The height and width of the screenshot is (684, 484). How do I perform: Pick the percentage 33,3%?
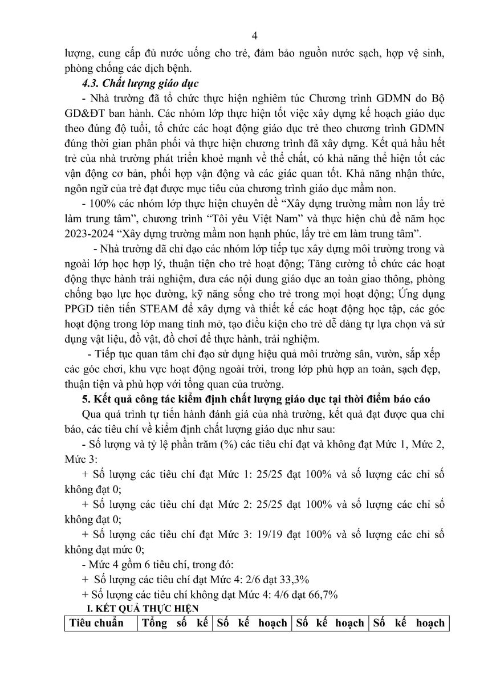click(291, 580)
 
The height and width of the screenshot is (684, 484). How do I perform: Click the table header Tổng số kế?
click(175, 623)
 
